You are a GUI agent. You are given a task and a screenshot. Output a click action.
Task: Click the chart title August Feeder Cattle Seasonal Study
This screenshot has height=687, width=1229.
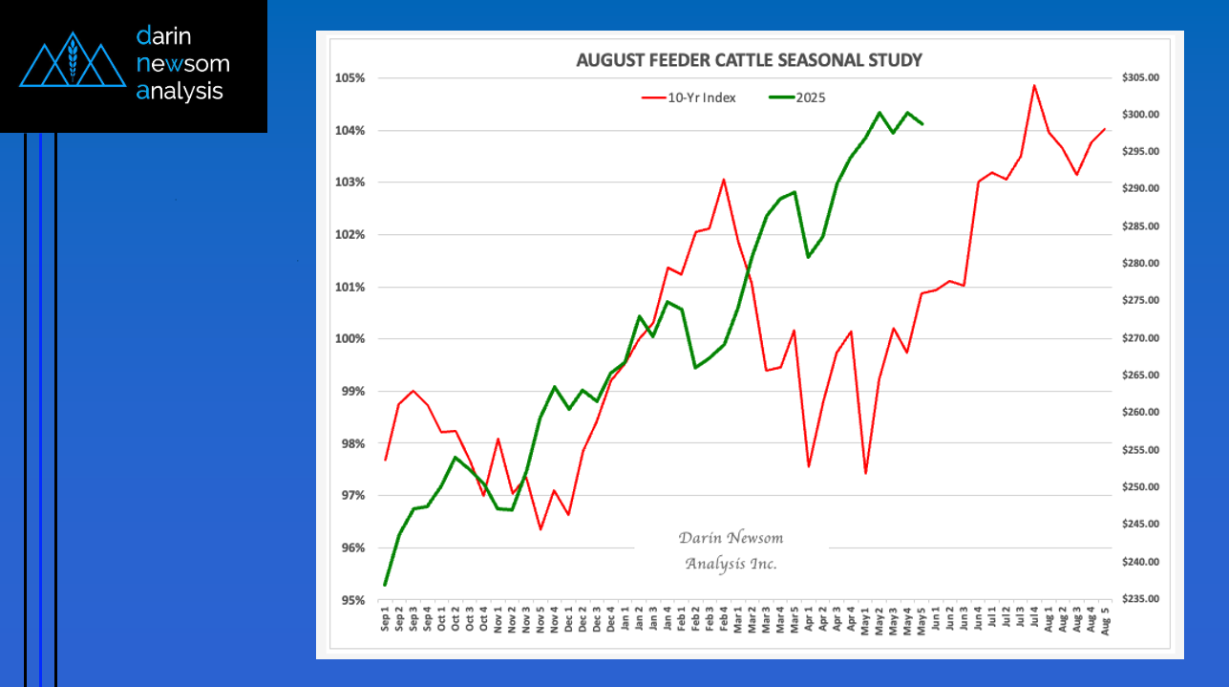749,60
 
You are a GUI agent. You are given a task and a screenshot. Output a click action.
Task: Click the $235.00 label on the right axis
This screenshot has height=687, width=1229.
1144,600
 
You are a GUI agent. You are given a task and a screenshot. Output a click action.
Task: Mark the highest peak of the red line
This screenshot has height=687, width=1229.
1034,85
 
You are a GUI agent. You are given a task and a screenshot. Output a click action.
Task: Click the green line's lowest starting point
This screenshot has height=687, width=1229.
385,585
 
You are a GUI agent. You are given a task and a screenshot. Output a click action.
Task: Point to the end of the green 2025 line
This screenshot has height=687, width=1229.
922,124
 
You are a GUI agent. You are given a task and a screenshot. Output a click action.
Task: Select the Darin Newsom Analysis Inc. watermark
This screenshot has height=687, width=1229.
731,550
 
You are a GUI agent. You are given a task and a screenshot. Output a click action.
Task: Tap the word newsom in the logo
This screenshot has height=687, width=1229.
182,64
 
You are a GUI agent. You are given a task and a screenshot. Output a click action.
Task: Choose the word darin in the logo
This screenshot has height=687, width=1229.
164,36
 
